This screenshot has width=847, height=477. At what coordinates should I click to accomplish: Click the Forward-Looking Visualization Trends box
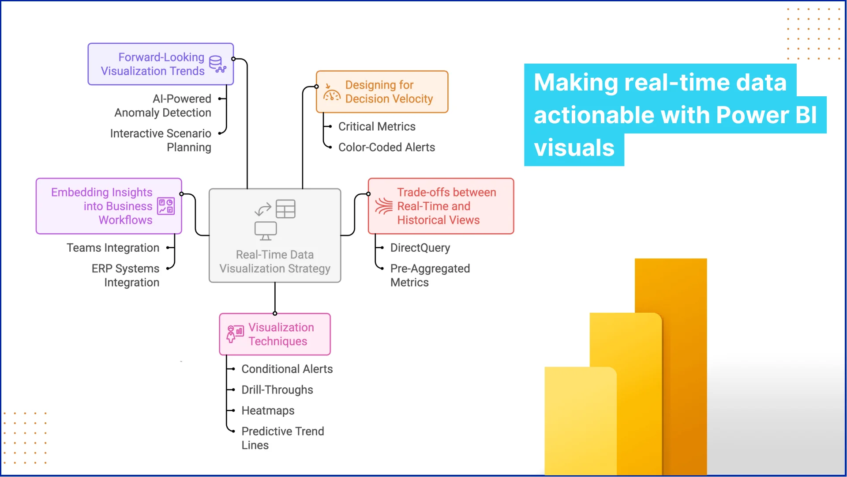click(x=160, y=64)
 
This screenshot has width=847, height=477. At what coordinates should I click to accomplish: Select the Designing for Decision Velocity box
click(x=382, y=92)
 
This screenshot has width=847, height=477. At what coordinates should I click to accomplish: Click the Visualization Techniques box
click(x=275, y=334)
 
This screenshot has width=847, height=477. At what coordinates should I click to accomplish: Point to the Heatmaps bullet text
click(x=268, y=411)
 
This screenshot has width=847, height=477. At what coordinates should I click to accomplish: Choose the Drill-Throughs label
click(x=277, y=390)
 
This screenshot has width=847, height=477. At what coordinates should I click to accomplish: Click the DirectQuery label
click(x=420, y=248)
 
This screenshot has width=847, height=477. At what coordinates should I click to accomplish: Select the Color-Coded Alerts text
click(x=386, y=148)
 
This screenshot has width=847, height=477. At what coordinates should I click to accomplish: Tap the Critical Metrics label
click(x=377, y=127)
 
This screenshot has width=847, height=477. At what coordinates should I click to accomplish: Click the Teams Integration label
click(x=113, y=248)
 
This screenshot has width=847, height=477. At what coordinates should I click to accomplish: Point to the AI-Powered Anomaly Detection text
click(x=163, y=106)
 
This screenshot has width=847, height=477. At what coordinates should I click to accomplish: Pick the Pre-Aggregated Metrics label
click(x=430, y=275)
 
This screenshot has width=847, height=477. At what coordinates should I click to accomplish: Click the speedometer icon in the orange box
click(x=331, y=93)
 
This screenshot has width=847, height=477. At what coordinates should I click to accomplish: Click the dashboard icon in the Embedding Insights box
click(x=166, y=206)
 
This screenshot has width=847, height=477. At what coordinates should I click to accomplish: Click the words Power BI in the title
click(x=766, y=115)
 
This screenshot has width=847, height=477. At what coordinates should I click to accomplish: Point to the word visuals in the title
click(x=574, y=148)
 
